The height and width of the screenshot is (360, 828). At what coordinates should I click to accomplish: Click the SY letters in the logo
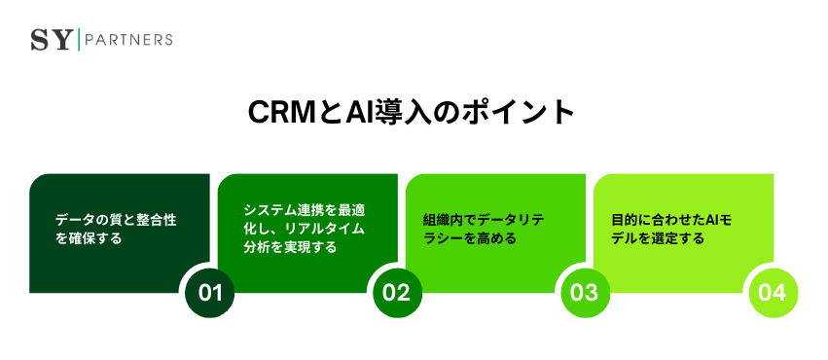click(x=53, y=40)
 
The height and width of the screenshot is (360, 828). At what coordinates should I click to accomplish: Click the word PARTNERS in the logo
click(x=129, y=40)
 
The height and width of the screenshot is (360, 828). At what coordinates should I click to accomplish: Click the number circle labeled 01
click(x=210, y=292)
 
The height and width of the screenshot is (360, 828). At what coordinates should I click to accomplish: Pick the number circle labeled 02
click(x=398, y=292)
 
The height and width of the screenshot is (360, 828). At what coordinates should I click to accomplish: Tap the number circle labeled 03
click(x=585, y=292)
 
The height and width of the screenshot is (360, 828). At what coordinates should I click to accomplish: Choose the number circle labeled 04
click(x=773, y=292)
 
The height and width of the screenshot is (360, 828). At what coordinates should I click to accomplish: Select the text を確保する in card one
click(x=89, y=237)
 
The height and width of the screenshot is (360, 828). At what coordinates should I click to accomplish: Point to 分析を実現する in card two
click(x=291, y=247)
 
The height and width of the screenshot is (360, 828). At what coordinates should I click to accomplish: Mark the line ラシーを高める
click(x=469, y=237)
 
